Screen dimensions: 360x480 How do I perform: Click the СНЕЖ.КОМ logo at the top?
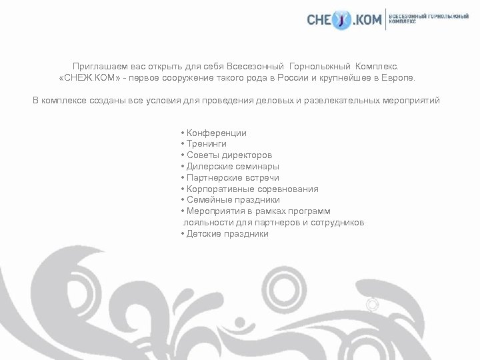(345, 21)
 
